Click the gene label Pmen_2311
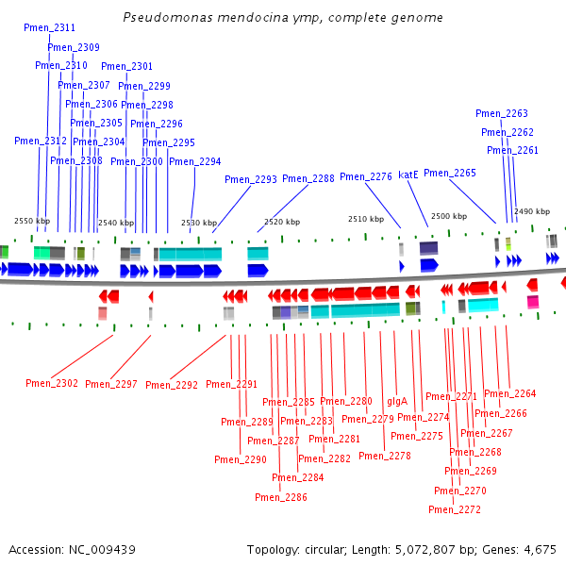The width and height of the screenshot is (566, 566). (49, 27)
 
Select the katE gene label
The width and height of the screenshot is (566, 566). (408, 175)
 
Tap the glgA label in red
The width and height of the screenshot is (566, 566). (397, 402)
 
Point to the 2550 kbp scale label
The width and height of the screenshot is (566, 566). (32, 221)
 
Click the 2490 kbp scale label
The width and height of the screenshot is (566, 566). (532, 211)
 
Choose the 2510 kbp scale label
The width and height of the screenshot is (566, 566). (366, 219)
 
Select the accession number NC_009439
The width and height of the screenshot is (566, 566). (102, 550)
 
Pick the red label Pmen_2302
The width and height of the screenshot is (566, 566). (52, 383)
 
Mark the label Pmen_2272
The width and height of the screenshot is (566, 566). (455, 509)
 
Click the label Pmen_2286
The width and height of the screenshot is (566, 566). (281, 497)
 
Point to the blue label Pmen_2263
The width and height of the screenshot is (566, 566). (502, 113)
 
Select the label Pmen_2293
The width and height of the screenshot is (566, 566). (251, 179)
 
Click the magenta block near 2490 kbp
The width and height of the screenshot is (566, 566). (533, 302)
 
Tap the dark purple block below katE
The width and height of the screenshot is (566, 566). (428, 248)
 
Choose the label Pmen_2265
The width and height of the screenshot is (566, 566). (450, 173)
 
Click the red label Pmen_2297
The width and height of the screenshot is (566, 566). (111, 384)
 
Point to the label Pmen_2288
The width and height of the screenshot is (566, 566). (308, 178)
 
